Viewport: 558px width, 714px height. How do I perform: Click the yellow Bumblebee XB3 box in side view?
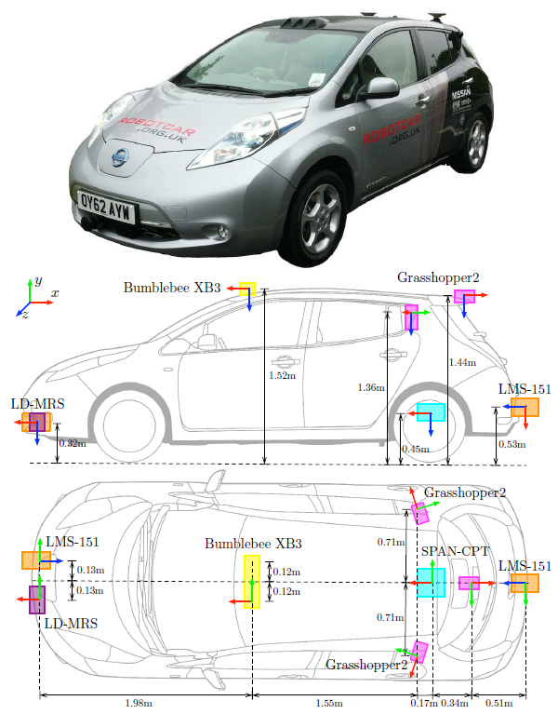click(x=247, y=290)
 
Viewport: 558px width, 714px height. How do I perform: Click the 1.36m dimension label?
click(x=372, y=386)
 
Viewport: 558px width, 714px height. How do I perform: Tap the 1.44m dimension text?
click(x=462, y=361)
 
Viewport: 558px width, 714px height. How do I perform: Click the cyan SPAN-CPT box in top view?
click(x=432, y=582)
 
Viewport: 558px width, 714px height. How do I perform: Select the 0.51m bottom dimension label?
click(x=498, y=704)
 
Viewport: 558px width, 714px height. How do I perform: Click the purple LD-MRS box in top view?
click(x=37, y=599)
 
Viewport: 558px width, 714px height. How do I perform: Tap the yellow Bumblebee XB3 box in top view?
click(x=251, y=581)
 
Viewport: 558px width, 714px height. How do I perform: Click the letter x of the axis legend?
click(x=56, y=293)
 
